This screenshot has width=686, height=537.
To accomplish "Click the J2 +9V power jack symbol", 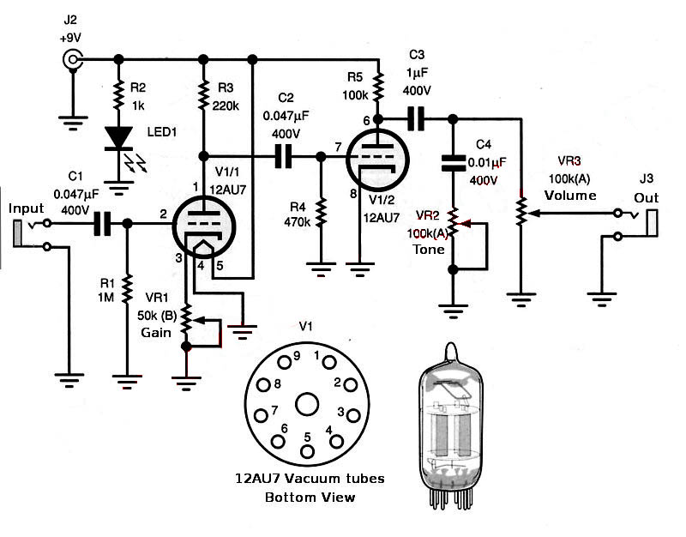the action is point(72,58).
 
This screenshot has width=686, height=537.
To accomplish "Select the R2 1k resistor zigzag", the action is point(118,95).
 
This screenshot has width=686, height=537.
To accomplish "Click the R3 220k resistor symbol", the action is point(203,95).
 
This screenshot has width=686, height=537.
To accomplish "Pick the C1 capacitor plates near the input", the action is point(103,224).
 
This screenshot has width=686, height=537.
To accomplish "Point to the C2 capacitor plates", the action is point(283,156).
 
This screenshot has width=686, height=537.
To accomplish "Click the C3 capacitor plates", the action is point(416,118).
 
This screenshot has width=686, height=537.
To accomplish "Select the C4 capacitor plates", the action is point(454,162).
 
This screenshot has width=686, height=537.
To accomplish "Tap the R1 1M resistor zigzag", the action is point(127,289).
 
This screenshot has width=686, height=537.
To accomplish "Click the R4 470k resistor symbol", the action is point(321,213).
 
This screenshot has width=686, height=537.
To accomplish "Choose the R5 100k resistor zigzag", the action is point(378,87).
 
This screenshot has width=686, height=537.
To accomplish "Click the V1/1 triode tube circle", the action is point(204,226).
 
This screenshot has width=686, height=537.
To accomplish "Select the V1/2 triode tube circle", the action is point(377,160).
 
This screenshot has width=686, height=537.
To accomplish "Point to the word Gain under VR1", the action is point(156,333).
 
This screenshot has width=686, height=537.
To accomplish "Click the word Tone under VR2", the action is point(429,250).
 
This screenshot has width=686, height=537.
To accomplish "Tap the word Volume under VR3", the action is point(570,196).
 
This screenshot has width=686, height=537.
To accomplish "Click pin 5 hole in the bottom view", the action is point(307,451).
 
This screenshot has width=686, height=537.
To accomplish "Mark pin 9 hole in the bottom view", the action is point(285,362).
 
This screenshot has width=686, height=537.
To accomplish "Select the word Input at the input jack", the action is point(27,208).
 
